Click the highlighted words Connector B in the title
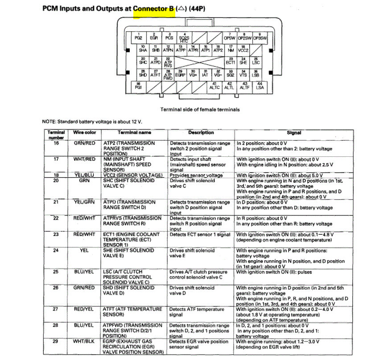(154, 8)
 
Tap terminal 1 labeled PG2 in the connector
(138, 37)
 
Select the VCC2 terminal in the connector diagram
(243, 49)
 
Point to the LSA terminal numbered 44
(260, 86)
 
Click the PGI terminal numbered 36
(138, 86)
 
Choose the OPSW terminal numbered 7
(230, 37)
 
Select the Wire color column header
(84, 132)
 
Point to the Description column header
(201, 132)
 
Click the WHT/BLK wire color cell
(84, 340)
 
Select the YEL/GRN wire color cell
(84, 201)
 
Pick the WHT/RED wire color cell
(84, 159)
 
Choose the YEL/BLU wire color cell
(84, 175)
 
